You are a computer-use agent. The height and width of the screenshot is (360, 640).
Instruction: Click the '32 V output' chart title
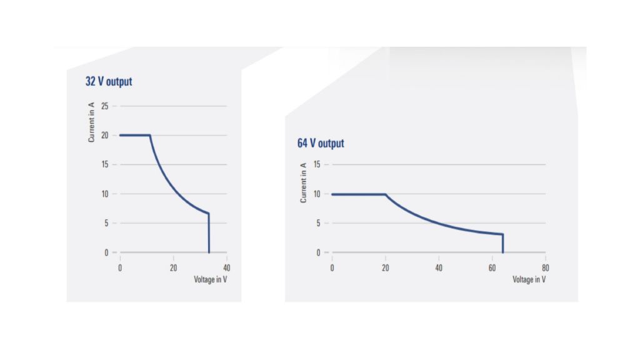pos(109,81)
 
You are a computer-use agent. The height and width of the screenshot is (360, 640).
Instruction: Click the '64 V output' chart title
pos(321,143)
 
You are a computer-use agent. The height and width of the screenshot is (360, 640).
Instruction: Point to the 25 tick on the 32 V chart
pos(104,106)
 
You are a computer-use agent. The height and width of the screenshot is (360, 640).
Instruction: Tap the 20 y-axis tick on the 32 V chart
pos(104,135)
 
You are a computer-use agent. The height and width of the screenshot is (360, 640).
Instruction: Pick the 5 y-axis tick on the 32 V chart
pos(106,223)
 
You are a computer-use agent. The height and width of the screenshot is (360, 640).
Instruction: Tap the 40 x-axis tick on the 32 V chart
pos(226,267)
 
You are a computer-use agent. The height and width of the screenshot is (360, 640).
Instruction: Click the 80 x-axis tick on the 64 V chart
pos(545,267)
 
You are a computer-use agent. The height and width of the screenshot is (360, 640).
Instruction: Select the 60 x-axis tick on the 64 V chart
pos(492,267)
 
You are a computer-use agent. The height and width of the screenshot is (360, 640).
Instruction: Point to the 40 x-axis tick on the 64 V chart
pos(439,267)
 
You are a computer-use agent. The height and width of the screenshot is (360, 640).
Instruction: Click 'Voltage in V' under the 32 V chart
pos(211,279)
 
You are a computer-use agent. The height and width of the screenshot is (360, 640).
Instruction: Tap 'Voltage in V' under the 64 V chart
pos(529,279)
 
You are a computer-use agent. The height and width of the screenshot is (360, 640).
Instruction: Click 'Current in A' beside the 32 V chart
pos(92,124)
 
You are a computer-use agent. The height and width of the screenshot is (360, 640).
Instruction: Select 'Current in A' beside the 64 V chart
pos(303,182)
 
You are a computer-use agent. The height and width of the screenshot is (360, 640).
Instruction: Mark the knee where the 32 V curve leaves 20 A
pos(150,135)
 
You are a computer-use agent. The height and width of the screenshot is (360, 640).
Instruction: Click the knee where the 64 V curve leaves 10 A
pos(385,194)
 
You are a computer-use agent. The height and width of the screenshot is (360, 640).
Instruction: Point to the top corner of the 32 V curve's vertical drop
pos(208,214)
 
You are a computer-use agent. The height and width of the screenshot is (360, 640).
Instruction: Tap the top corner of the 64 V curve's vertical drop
pos(502,234)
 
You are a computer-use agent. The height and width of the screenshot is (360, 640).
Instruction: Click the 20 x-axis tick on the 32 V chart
pos(173,267)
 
